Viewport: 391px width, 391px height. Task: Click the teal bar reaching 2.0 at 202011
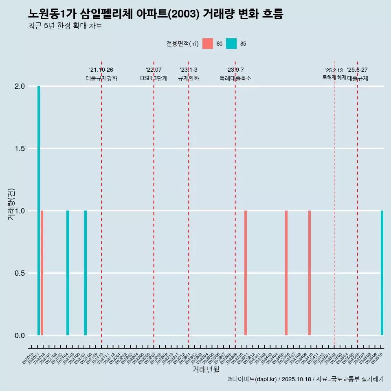[x=39, y=211]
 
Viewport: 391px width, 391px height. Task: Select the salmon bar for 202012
[x=42, y=273]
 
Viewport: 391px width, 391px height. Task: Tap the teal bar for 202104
[x=68, y=273]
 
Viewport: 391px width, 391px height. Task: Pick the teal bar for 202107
[x=85, y=273]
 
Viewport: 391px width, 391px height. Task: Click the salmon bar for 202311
[x=246, y=273]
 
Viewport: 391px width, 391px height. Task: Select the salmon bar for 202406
[x=286, y=273]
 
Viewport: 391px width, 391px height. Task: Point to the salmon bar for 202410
[x=310, y=273]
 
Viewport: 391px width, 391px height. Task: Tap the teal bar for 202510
[x=382, y=273]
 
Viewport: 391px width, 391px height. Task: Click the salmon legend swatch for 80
[x=208, y=44]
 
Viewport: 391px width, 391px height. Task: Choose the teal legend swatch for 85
[x=231, y=44]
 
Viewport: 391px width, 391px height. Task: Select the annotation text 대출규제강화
[x=101, y=79]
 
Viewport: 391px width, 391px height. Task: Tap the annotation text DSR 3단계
[x=154, y=79]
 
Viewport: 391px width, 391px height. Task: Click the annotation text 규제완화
[x=189, y=79]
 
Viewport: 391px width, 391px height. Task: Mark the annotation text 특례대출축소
[x=235, y=79]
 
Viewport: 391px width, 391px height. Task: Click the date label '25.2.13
[x=334, y=70]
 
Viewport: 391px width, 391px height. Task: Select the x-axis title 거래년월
[x=206, y=370]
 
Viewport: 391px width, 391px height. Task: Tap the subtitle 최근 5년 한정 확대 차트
[x=65, y=26]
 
